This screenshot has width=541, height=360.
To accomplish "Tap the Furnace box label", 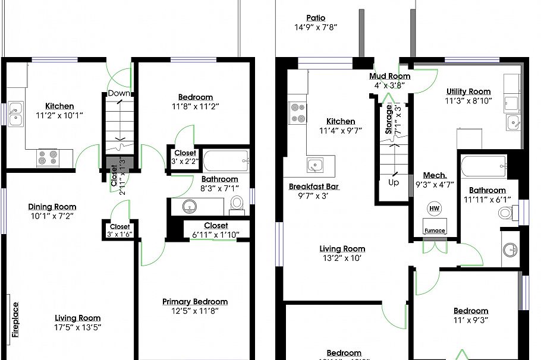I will point(434,230).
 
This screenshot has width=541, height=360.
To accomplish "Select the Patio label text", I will point(316,18).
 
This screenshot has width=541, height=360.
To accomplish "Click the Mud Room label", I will point(389,76).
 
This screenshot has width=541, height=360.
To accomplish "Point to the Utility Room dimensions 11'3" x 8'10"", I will point(468,101).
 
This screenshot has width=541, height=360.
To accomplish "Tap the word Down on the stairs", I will point(119,93).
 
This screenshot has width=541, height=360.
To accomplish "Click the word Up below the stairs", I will point(394,182).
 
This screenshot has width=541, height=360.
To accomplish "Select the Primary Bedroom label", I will point(195,302).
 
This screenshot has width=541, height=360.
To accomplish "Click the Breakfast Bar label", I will point(314,186).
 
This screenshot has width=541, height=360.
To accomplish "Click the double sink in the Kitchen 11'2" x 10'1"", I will point(16,114).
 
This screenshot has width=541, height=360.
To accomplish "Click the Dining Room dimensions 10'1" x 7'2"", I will point(52,216).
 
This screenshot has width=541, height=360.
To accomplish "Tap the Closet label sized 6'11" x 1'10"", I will point(216,226).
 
